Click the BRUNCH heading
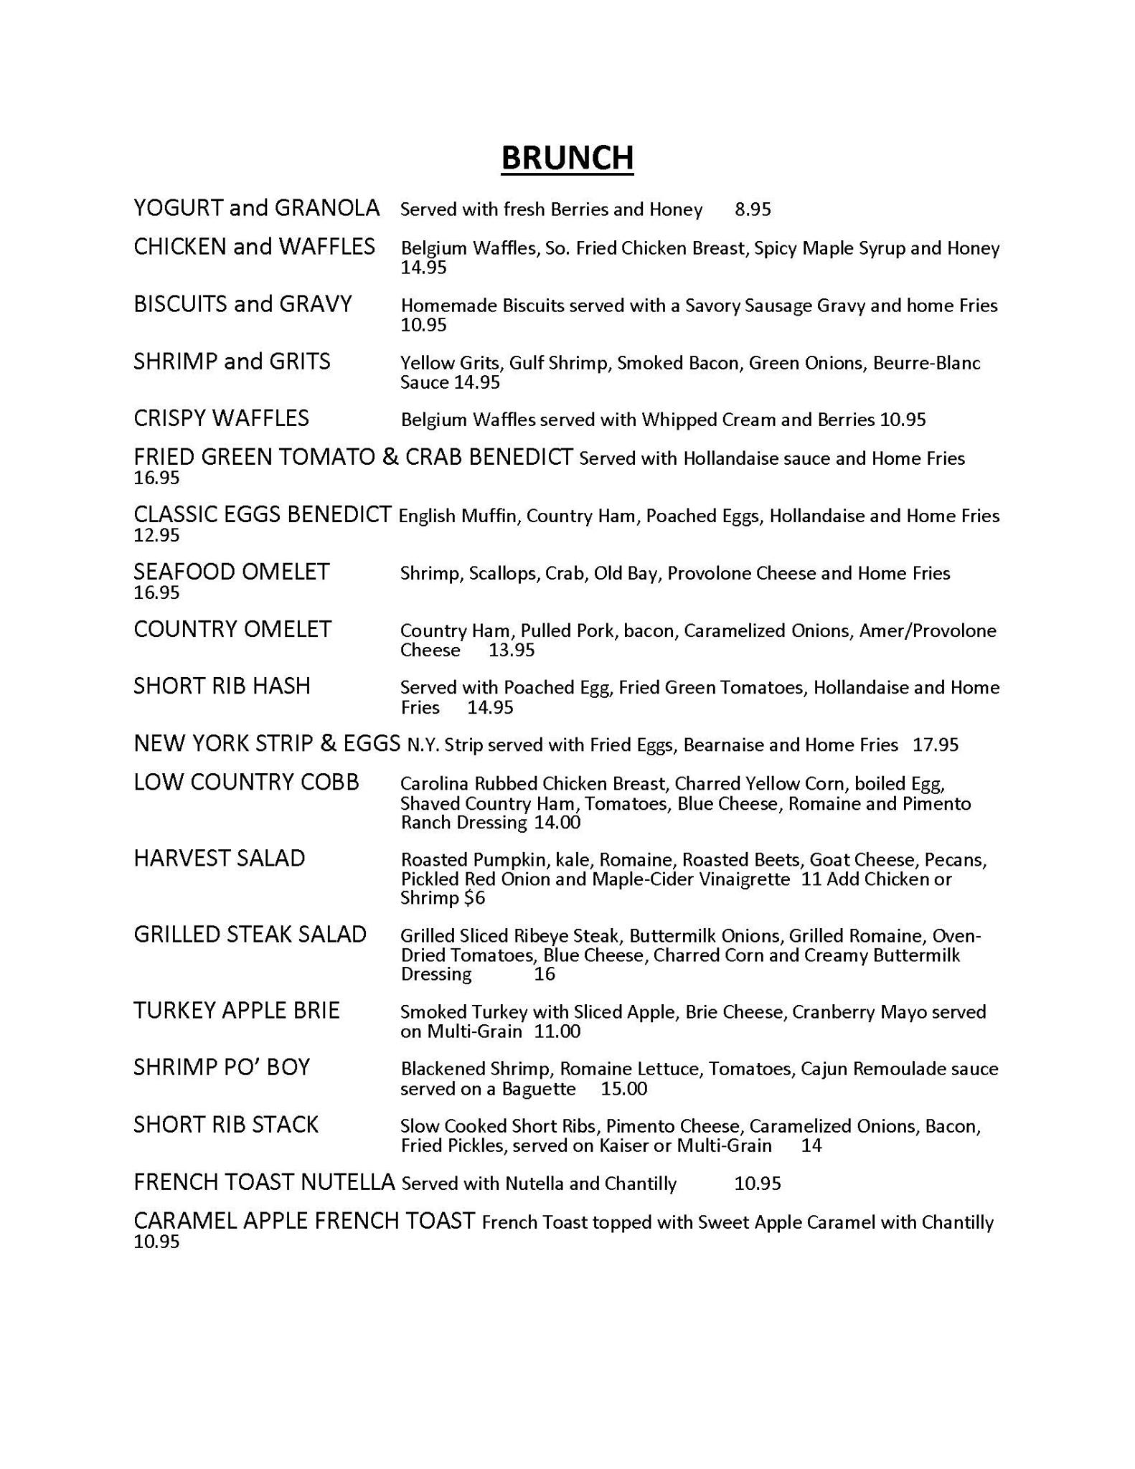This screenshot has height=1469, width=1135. [567, 158]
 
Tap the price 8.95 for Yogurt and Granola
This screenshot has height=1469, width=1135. [753, 209]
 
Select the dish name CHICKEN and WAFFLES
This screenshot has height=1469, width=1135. [254, 247]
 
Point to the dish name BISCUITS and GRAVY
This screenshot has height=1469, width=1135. [242, 304]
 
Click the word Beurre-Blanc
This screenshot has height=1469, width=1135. [926, 363]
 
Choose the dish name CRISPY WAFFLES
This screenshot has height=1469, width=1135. [221, 418]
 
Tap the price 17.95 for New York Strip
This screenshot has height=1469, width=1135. [935, 745]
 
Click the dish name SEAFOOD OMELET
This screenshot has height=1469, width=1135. [231, 572]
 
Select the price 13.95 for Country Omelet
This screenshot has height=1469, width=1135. [512, 651]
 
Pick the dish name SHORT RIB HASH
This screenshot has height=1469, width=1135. [222, 686]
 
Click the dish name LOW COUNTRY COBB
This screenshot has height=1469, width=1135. [246, 782]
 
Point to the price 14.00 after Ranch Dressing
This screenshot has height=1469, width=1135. [557, 823]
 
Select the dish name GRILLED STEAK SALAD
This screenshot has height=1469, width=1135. [250, 934]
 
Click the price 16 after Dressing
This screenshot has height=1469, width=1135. [545, 974]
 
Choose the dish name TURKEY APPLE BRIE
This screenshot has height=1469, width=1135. [236, 1011]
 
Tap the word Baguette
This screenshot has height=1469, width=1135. [538, 1089]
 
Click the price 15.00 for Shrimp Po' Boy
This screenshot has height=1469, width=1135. [623, 1089]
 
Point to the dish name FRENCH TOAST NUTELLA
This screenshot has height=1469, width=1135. [264, 1182]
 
